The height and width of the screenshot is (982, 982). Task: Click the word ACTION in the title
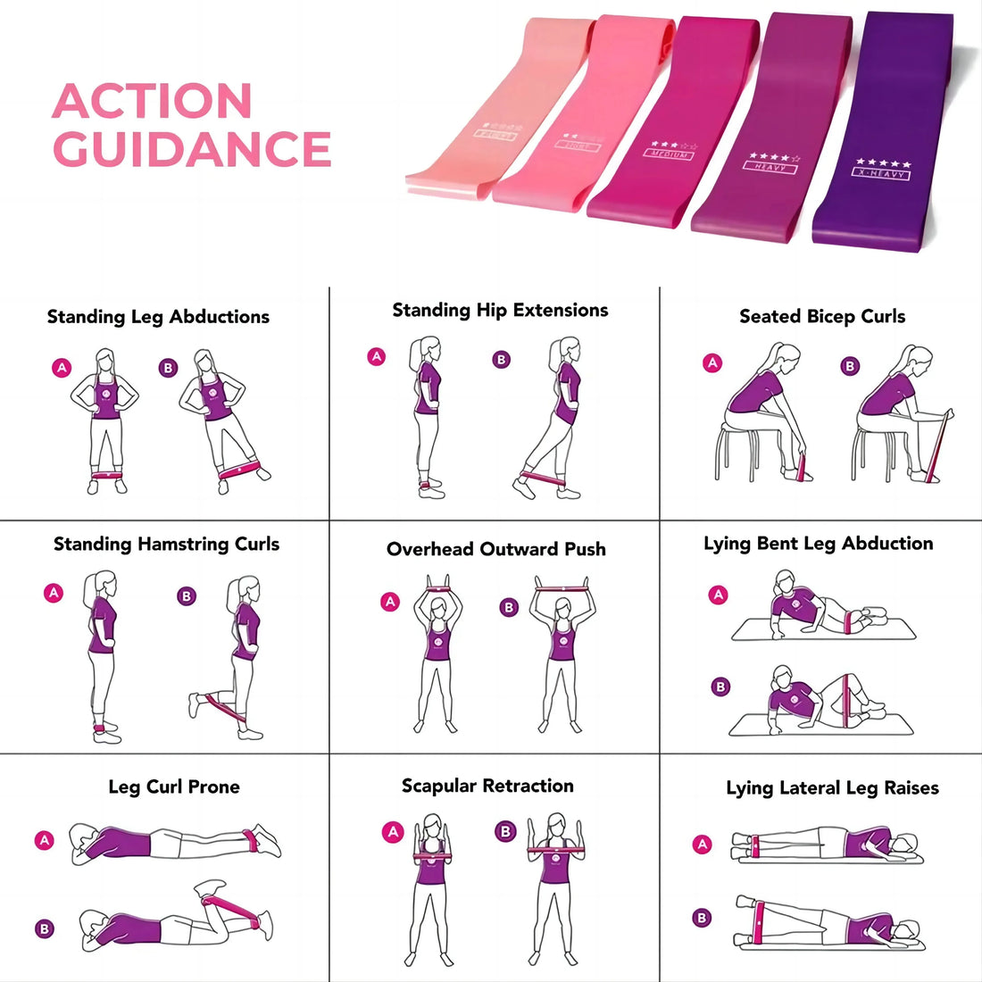tap(152, 101)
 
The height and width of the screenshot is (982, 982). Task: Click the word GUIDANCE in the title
tap(192, 149)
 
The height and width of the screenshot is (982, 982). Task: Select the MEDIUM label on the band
tap(669, 154)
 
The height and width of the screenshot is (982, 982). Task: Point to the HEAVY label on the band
tap(770, 167)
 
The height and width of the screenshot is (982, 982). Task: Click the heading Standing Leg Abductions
tap(158, 317)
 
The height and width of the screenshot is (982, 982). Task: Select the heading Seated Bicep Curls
tap(822, 317)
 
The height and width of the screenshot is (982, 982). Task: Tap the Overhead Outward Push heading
tap(495, 549)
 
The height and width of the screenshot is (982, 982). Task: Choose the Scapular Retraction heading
tap(487, 786)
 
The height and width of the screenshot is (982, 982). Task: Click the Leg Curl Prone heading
tap(174, 786)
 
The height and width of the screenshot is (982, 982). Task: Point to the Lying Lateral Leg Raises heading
tap(832, 787)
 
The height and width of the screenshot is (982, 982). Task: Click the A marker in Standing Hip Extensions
tap(377, 357)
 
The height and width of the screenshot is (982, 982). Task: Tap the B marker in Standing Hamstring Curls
tap(187, 596)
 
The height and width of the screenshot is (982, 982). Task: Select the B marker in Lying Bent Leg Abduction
tap(720, 687)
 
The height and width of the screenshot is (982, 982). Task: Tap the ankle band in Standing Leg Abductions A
tap(107, 474)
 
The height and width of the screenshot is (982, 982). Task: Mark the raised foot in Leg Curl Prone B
tap(212, 886)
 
